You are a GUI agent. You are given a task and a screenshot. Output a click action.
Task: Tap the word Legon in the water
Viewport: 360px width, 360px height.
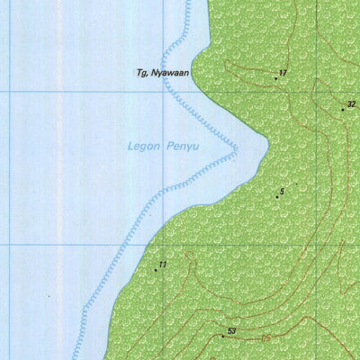141,146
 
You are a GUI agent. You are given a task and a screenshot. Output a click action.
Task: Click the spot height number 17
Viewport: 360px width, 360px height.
283,72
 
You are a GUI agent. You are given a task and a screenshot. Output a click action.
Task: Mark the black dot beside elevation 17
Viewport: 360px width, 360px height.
275,78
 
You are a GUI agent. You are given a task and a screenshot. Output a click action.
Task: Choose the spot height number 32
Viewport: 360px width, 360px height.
351,104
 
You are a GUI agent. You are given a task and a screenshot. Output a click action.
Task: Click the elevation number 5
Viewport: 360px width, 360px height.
282,191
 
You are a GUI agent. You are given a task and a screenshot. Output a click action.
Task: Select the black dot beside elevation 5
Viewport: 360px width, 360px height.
277,197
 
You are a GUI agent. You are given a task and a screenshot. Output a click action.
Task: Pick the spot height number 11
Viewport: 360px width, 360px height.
162,264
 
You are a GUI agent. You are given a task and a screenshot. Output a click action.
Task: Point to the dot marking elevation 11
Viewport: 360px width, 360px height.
155,269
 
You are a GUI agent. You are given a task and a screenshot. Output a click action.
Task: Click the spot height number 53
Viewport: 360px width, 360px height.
231,331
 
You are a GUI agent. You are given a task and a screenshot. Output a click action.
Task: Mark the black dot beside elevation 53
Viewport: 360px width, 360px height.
223,336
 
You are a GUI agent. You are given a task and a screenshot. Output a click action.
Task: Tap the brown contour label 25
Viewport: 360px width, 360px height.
266,337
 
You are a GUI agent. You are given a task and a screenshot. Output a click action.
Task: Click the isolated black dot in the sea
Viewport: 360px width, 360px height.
49,296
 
